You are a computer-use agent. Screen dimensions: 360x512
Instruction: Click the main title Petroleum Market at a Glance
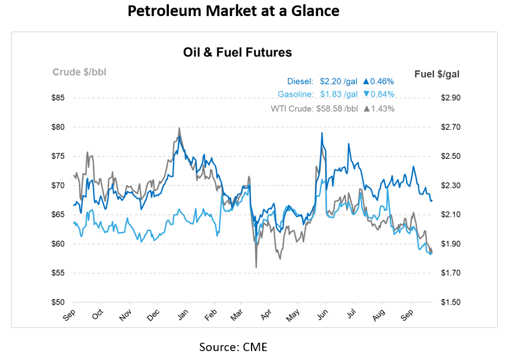(x=234, y=12)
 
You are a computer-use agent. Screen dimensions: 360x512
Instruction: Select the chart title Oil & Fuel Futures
(x=237, y=52)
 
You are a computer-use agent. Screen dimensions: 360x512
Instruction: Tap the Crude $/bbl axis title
(x=80, y=73)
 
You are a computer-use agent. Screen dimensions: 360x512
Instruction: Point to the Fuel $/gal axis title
(x=436, y=74)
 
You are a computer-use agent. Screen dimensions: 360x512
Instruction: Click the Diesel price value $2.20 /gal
(x=338, y=82)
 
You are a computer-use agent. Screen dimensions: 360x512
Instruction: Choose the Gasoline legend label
(x=297, y=95)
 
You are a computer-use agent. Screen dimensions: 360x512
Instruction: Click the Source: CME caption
(x=234, y=346)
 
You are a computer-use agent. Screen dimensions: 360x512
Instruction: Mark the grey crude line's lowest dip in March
(x=256, y=267)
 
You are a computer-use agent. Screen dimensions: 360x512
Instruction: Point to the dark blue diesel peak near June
(x=321, y=133)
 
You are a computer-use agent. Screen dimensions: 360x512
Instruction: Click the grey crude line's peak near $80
(x=179, y=128)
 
